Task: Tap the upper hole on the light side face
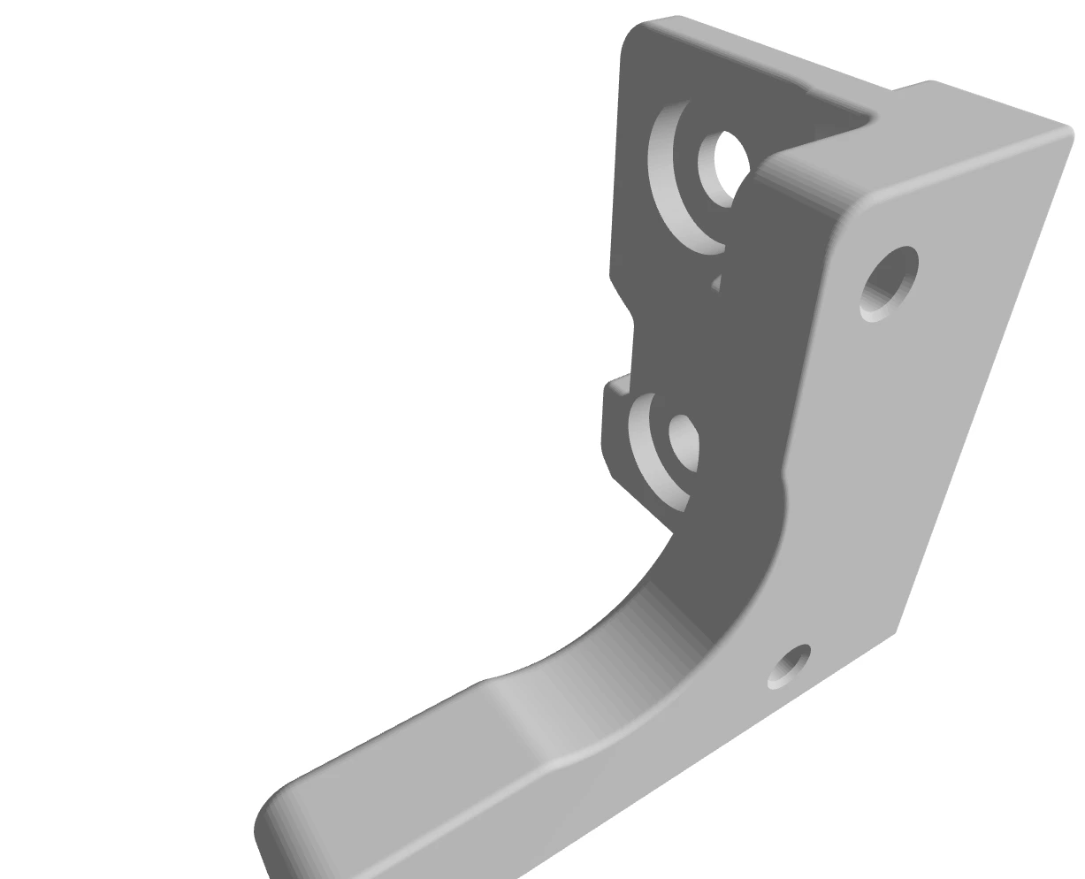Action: [889, 282]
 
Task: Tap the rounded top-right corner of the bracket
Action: [1065, 132]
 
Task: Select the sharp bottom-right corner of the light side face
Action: [895, 631]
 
